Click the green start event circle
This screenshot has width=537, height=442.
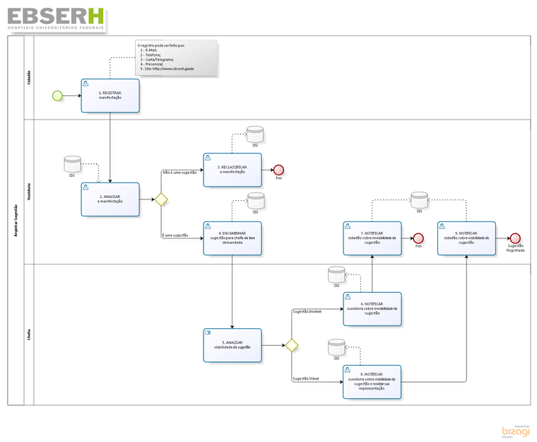[57, 95]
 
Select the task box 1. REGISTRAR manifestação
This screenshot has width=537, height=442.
[110, 95]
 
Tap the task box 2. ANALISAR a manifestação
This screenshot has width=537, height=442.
[110, 199]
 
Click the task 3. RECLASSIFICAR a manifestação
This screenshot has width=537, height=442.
[232, 170]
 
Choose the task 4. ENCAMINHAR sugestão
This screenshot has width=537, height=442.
[232, 238]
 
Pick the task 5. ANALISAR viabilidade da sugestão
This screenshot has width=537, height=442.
[232, 345]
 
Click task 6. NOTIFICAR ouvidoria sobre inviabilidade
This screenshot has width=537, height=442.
[372, 309]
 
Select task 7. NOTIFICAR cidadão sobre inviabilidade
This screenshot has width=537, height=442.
[372, 238]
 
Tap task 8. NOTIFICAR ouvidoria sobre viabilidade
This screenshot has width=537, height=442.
[372, 382]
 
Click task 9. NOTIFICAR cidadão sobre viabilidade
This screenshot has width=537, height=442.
[466, 238]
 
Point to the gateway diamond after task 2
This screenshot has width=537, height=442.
[161, 199]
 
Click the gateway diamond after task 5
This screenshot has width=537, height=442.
[290, 345]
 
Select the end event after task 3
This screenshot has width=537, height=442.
[278, 170]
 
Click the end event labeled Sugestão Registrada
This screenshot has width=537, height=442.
[515, 238]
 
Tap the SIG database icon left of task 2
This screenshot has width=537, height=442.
[71, 164]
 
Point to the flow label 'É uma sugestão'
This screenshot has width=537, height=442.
[175, 235]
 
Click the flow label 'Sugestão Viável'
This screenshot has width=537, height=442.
[306, 379]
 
